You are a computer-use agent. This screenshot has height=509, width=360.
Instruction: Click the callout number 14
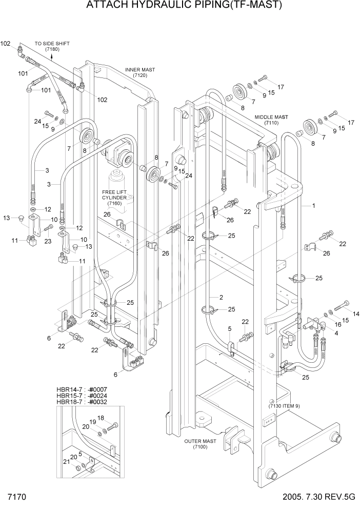[x=356, y=313]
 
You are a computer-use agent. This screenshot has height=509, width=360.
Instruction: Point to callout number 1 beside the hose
[x=312, y=205]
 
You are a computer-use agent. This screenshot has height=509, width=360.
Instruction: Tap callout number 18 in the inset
[x=101, y=418]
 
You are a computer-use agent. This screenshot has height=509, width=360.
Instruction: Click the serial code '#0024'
[x=97, y=396]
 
